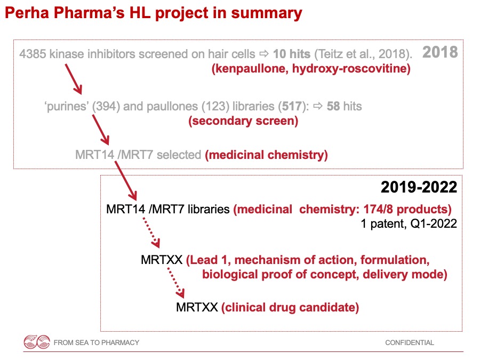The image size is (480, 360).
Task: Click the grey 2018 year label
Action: [x=440, y=52]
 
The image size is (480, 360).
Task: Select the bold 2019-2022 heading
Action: [x=418, y=187]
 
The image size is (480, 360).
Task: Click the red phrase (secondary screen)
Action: [x=243, y=121]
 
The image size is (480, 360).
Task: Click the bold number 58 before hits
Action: [x=333, y=107]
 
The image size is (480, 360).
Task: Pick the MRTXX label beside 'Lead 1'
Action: [x=162, y=260]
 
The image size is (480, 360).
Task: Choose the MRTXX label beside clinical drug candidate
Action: [x=197, y=307]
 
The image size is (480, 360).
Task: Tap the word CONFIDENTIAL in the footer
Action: [x=410, y=343]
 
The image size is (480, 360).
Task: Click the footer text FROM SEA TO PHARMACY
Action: [x=96, y=343]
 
